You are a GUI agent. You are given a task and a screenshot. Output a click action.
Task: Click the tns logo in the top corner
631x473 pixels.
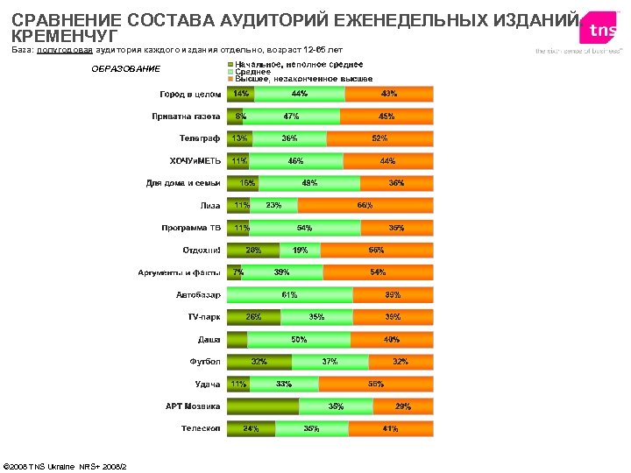(x=602, y=31)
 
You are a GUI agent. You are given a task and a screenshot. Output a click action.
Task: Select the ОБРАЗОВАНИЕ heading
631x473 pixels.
(x=126, y=69)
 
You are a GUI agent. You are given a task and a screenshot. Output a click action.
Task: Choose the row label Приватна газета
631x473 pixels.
(x=184, y=116)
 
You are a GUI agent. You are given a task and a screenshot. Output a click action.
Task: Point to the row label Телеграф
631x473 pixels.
(x=200, y=138)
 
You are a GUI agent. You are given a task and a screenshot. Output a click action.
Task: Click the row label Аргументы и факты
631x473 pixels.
(x=179, y=272)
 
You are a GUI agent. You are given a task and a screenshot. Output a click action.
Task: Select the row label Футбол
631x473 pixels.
(x=205, y=362)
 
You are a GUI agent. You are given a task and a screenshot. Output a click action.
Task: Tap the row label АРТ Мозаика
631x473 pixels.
(x=193, y=406)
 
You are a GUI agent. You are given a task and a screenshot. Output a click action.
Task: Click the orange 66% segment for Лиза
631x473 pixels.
(x=365, y=206)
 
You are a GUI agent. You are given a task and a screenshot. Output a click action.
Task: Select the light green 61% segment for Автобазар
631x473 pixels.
(x=290, y=295)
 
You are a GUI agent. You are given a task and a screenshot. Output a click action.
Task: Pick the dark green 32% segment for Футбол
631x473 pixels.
(x=259, y=362)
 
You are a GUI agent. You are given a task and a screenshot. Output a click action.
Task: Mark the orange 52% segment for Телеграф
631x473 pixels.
(x=379, y=138)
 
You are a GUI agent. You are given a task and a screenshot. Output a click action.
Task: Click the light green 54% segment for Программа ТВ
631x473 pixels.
(x=305, y=228)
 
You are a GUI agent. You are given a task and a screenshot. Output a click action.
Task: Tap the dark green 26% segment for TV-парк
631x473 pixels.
(x=253, y=317)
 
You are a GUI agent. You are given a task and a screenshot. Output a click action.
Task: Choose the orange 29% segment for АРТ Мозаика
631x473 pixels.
(x=403, y=406)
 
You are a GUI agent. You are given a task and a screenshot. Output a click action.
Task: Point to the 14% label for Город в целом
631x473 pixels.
(x=240, y=94)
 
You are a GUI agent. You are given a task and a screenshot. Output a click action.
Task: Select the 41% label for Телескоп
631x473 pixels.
(x=390, y=429)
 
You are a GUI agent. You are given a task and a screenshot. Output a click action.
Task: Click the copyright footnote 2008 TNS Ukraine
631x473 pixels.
(x=66, y=465)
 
